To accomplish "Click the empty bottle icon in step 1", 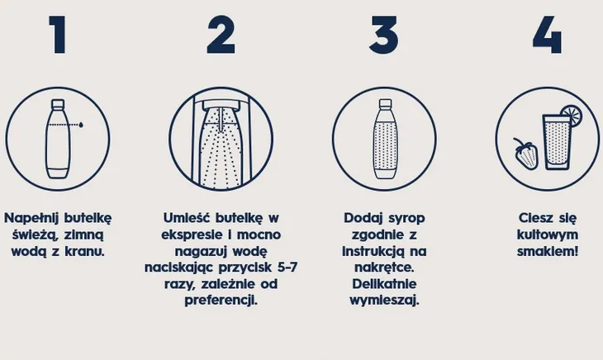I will [57, 140].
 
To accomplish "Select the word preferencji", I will [221, 300].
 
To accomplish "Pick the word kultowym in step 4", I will [547, 234].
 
